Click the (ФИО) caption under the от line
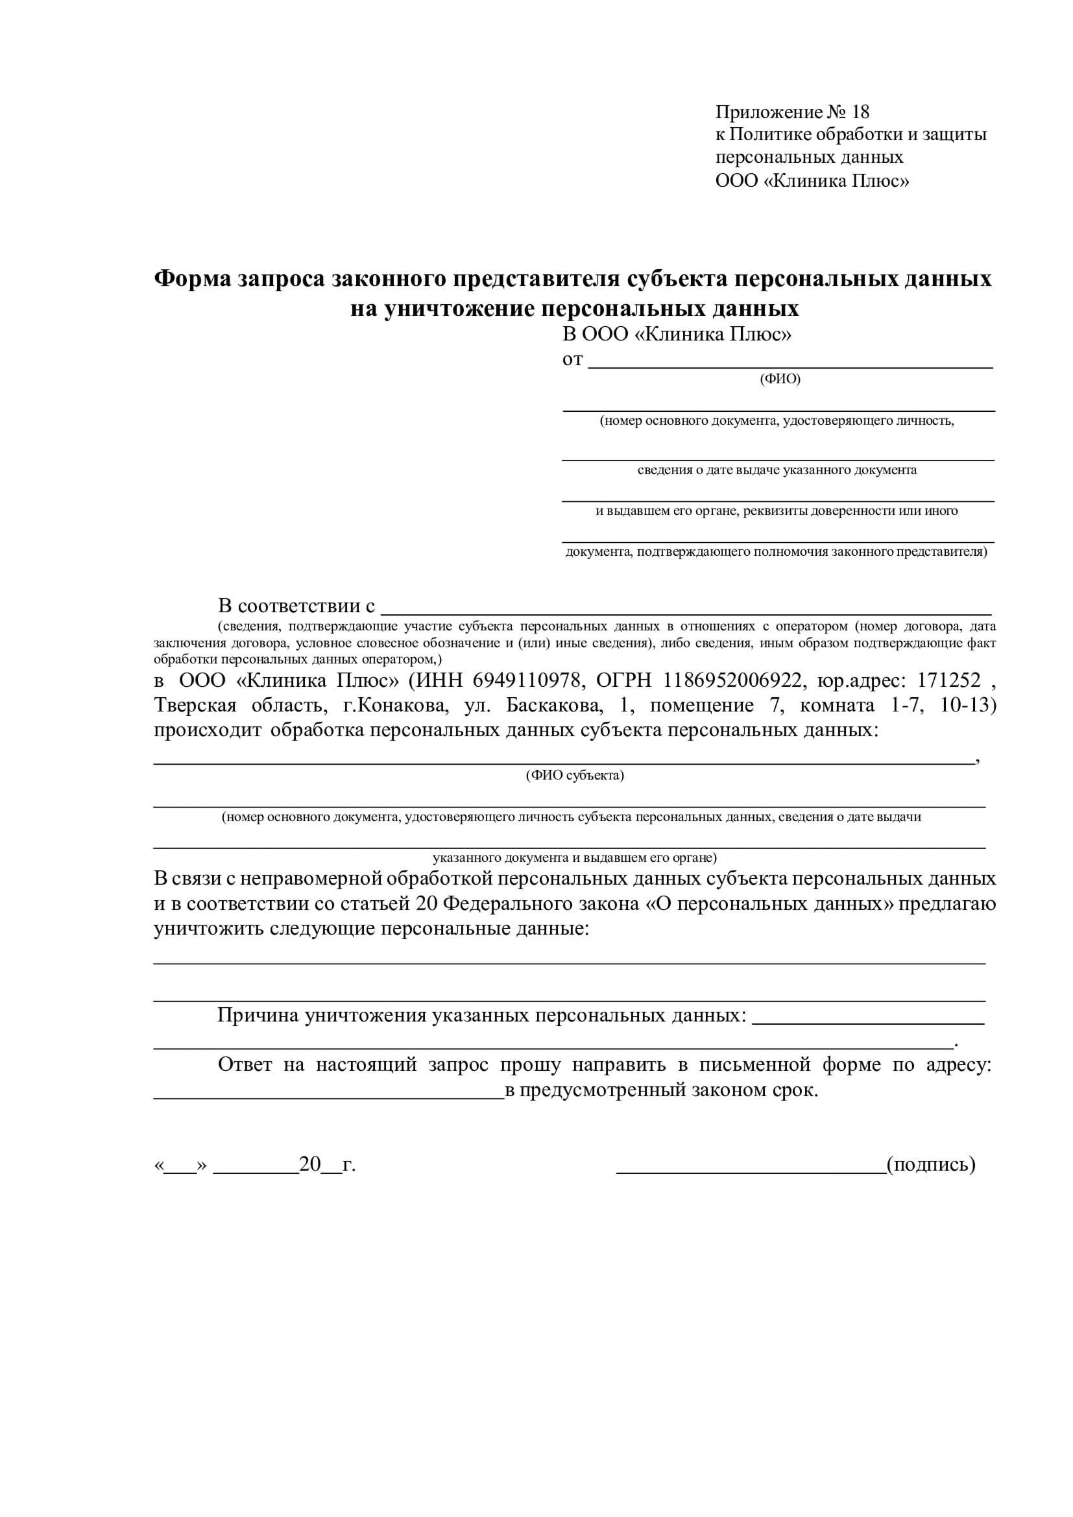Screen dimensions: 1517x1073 pos(780,379)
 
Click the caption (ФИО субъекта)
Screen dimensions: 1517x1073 pos(575,775)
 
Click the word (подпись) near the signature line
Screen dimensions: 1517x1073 pos(931,1164)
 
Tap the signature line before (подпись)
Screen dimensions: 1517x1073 pos(751,1171)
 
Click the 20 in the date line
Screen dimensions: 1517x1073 pos(310,1164)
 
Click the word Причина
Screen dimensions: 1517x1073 pos(258,1015)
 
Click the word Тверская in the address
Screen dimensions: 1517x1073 pos(195,705)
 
